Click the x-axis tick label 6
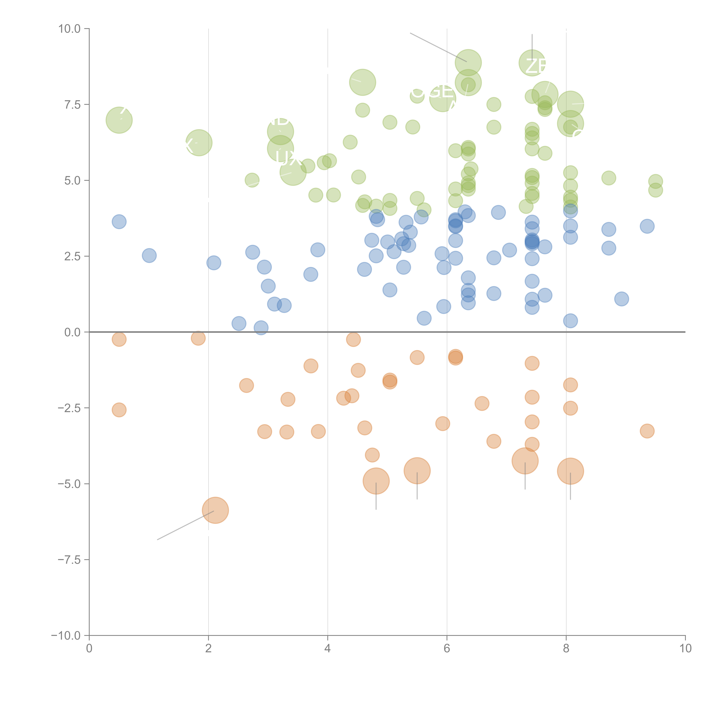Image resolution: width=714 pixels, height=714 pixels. coord(447,649)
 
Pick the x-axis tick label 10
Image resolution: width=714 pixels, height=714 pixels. coord(685,649)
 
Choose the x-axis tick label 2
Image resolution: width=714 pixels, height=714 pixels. coord(208,649)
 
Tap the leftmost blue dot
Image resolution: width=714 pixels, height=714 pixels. coord(119,222)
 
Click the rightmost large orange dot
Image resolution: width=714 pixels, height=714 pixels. coord(570,471)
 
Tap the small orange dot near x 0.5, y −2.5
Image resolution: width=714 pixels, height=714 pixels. coord(119,410)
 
